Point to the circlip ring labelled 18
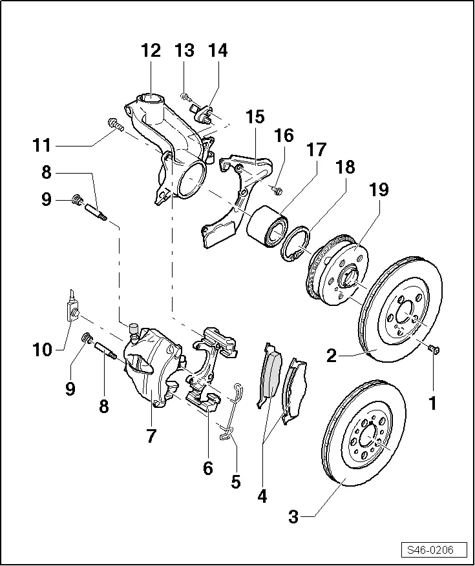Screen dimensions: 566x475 (295, 243)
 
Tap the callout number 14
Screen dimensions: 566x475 (218, 51)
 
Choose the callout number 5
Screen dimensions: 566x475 (235, 480)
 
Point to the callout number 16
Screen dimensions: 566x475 (284, 136)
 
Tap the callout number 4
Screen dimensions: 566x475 (262, 496)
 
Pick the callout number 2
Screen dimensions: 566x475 (332, 355)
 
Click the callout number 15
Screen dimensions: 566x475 (255, 117)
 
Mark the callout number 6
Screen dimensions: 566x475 (207, 468)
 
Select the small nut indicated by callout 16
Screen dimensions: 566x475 (277, 190)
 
